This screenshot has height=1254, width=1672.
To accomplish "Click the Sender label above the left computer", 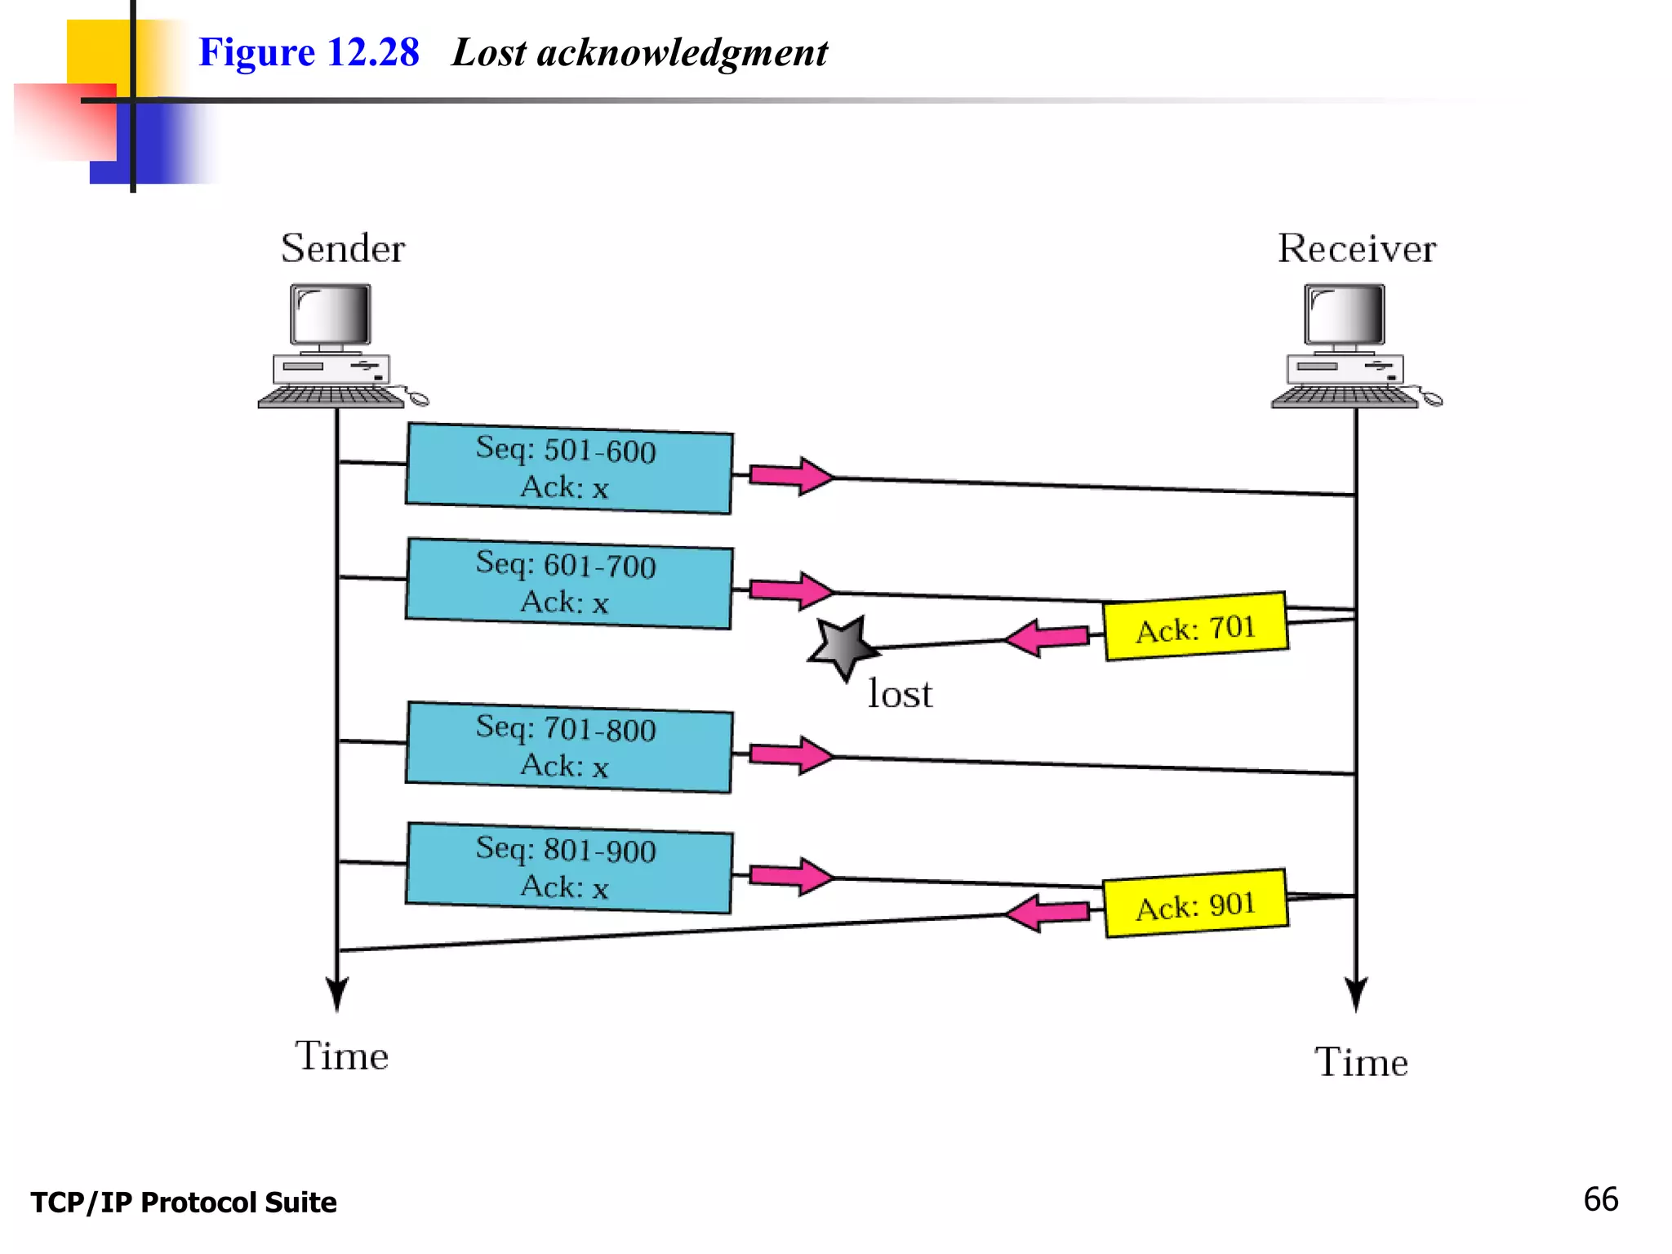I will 343,248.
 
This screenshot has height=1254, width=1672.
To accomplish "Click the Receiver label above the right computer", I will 1356,248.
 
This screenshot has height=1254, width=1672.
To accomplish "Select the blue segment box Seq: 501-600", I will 569,468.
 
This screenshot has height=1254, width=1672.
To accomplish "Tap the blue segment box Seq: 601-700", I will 569,583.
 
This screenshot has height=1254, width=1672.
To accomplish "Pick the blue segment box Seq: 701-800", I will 569,746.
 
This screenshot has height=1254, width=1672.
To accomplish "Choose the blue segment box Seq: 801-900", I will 569,868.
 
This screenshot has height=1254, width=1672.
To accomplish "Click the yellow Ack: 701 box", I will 1195,627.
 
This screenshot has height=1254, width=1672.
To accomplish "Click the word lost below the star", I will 900,694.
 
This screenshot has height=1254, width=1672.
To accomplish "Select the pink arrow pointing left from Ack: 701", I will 1047,638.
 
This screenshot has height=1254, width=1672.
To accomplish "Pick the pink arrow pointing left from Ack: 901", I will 1047,914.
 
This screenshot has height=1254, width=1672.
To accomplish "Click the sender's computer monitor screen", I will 331,315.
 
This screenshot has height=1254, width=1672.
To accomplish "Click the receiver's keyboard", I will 1345,398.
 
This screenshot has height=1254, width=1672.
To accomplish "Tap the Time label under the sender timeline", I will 341,1056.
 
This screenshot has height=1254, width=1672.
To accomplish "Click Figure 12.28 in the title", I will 309,53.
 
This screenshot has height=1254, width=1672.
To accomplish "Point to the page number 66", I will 1600,1199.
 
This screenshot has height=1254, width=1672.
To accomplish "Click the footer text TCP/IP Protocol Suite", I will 184,1203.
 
